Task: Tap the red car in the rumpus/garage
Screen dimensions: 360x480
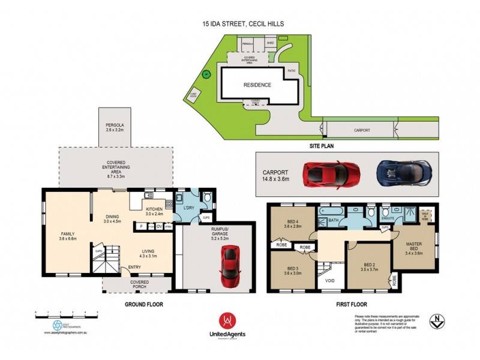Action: pos(229,266)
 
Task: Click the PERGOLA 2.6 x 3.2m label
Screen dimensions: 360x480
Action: pos(114,127)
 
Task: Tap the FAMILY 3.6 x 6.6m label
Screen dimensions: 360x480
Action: pos(67,236)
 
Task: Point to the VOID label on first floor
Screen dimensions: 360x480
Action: pos(329,280)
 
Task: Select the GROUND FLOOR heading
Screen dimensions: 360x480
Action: pos(144,304)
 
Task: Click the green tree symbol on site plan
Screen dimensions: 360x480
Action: pos(206,75)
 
